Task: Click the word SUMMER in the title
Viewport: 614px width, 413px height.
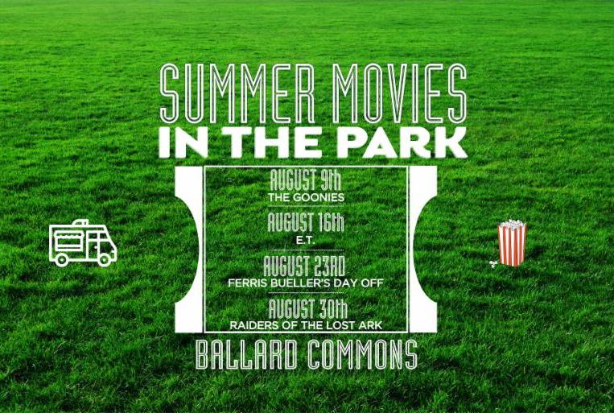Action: point(237,93)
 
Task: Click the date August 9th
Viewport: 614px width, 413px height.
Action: point(306,180)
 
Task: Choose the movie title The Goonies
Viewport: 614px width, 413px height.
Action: point(307,197)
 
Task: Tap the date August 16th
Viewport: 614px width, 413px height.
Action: point(306,222)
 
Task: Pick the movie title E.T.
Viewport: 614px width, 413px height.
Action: point(306,241)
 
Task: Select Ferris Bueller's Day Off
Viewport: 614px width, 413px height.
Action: point(306,283)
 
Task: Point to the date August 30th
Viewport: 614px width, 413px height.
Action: point(307,309)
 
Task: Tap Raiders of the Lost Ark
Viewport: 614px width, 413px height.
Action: point(306,325)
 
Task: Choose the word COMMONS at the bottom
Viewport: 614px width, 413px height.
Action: point(363,354)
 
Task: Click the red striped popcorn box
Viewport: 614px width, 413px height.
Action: point(512,243)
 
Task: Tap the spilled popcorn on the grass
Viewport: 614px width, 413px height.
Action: point(492,264)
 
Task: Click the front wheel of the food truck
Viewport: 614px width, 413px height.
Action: point(104,259)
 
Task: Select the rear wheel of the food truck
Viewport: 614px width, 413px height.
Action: point(61,259)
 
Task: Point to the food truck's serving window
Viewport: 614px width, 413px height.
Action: point(69,238)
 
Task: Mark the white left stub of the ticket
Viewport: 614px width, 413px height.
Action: point(189,250)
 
